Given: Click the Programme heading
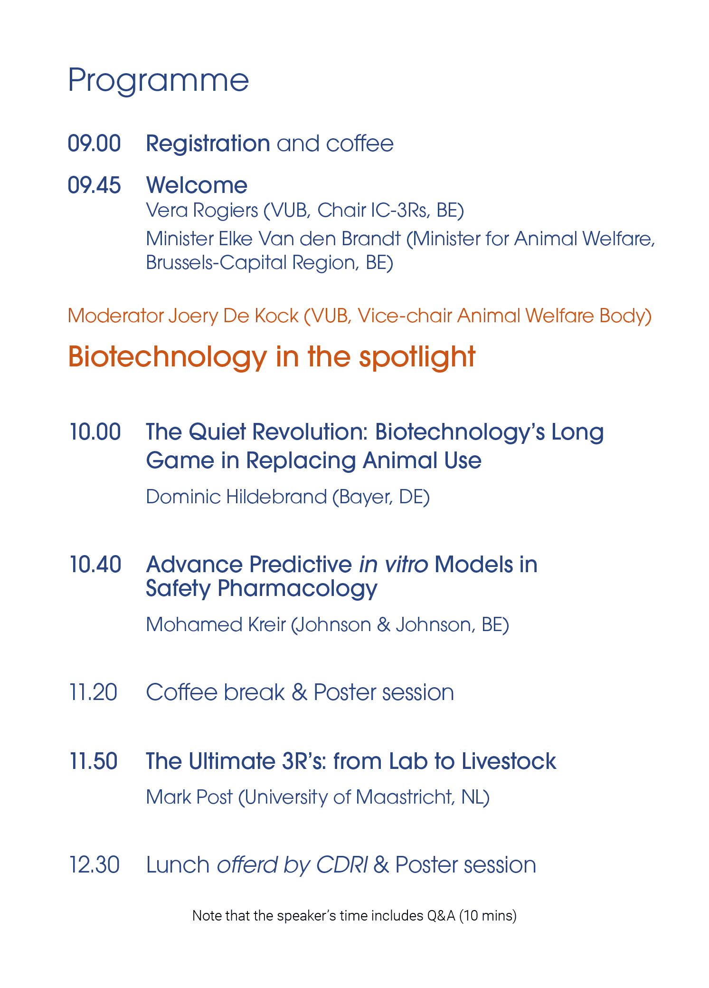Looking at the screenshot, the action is point(159,81).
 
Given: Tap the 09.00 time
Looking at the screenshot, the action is point(95,144).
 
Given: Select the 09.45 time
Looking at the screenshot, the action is point(95,185).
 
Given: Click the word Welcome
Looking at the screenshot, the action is point(197,185).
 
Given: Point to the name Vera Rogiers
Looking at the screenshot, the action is point(202,211).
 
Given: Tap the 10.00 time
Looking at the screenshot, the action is point(95,432).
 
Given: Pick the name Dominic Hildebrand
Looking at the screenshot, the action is point(236,497).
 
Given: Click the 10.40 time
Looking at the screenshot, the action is point(95,565).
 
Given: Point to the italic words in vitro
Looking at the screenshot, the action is point(394,565).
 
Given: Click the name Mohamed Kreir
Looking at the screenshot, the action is point(216,625).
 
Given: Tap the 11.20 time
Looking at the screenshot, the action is point(93,692).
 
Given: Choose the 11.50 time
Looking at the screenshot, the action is point(93,761).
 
